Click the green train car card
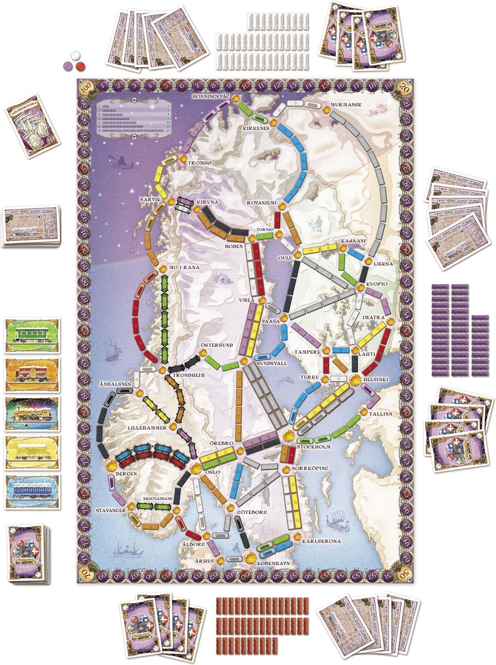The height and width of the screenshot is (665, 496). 32,336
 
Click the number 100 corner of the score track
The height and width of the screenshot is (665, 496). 85,88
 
